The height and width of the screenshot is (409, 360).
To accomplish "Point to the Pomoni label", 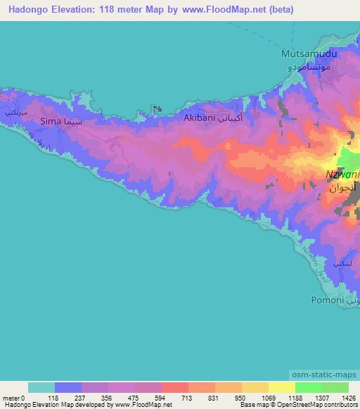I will [327, 300].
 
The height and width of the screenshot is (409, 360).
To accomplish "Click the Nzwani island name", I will [342, 175].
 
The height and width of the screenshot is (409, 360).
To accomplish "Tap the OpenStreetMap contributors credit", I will [321, 405].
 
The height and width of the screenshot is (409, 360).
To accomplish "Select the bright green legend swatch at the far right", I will [335, 387].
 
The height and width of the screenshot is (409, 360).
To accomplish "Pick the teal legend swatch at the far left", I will [41, 387].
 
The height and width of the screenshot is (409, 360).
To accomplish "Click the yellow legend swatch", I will [281, 387].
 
